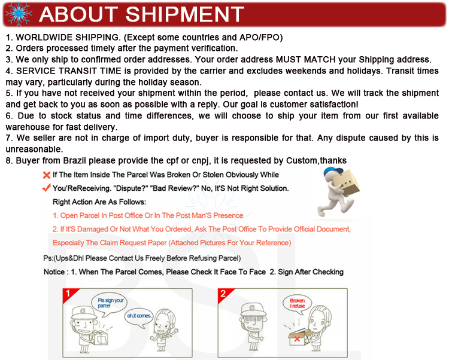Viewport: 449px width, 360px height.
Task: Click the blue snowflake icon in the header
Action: [19, 14]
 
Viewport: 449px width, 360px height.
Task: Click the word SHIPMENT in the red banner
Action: [185, 14]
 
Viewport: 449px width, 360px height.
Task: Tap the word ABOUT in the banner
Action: [78, 14]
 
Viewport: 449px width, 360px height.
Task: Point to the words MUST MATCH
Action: [305, 59]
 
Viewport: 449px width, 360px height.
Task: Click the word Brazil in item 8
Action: [74, 160]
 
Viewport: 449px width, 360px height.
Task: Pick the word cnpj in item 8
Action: [200, 161]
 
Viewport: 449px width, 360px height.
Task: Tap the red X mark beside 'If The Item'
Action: [46, 175]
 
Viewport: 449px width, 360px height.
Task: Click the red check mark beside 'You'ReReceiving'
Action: [46, 188]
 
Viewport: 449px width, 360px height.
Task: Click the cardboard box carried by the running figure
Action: [345, 182]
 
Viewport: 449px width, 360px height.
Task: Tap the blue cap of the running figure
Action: [333, 172]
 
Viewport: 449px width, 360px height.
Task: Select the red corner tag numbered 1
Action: [69, 294]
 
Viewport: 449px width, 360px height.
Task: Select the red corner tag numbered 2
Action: [224, 294]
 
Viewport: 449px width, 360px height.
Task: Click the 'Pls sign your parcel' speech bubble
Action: [109, 304]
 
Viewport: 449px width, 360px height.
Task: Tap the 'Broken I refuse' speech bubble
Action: [297, 304]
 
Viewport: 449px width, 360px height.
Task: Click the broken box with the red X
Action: [299, 337]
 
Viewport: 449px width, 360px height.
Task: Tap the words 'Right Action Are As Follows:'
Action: [99, 202]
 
